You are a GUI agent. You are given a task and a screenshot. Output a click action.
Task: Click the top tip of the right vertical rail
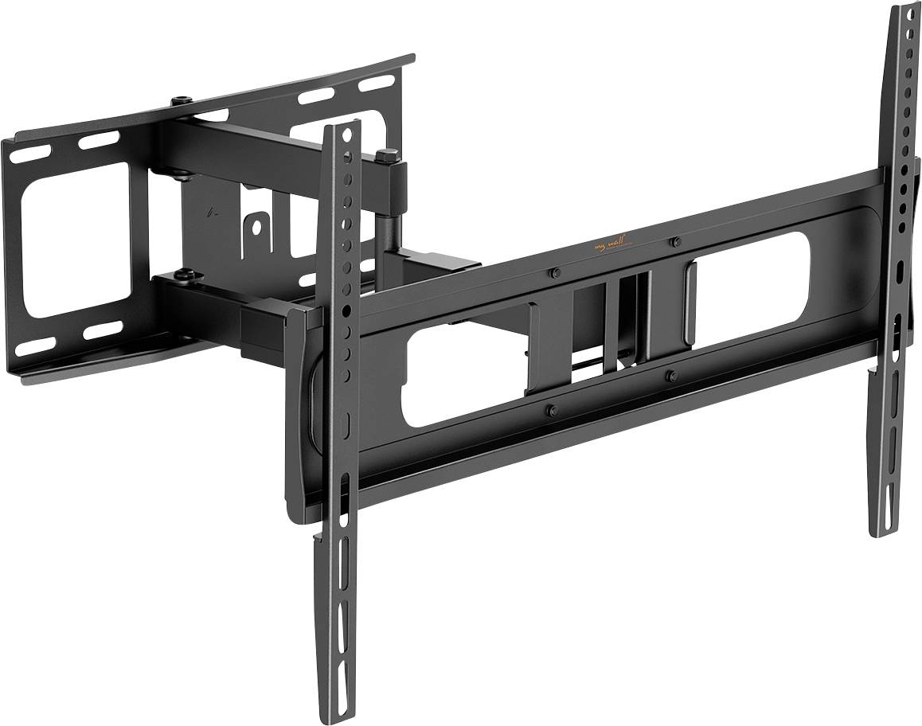pos(905,10)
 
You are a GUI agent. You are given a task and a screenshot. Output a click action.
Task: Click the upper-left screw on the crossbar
pos(554,273)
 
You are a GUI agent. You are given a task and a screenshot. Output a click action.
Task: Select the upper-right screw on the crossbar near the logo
pos(674,241)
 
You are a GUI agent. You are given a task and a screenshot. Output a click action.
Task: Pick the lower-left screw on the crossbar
pos(550,410)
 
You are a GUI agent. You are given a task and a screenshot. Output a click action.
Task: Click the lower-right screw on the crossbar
pos(670,374)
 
